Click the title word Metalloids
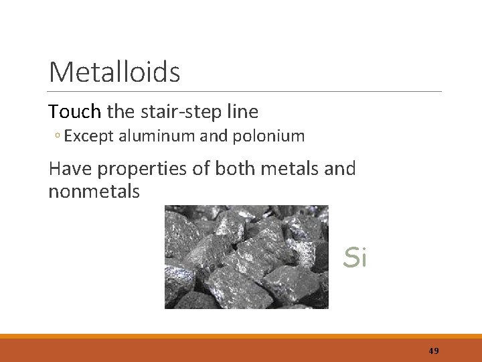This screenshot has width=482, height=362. (114, 72)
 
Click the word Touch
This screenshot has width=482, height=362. (74, 111)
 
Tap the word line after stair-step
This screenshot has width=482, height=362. (241, 111)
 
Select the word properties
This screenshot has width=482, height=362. (144, 169)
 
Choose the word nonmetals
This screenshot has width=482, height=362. (94, 192)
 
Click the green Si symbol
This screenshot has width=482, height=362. (355, 257)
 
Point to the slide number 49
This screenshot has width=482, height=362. (434, 351)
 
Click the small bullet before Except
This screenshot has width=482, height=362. (58, 137)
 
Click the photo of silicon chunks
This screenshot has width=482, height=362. (246, 257)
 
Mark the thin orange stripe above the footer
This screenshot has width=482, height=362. (241, 336)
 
